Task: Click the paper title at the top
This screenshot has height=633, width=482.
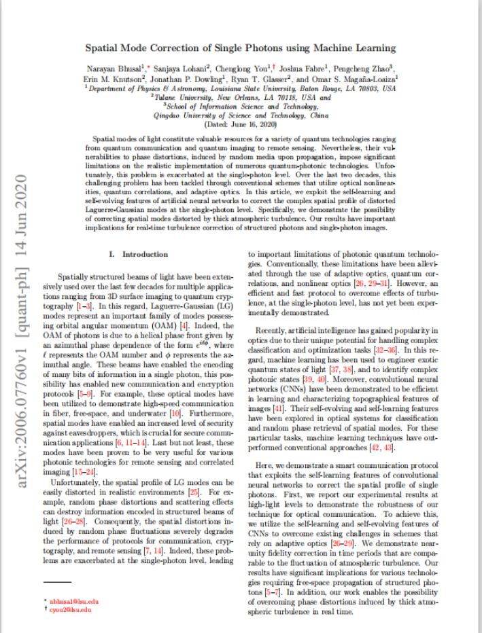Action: pos(241,48)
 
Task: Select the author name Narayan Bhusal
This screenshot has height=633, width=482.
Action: pos(111,69)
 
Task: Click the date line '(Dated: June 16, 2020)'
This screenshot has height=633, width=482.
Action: pos(241,122)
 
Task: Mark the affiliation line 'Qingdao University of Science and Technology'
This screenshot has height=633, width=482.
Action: pos(241,113)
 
